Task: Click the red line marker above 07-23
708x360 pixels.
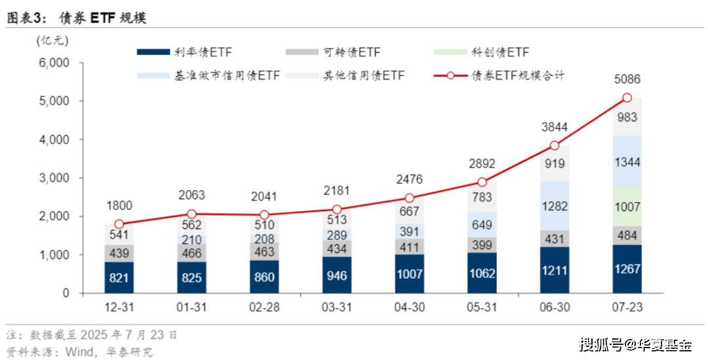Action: [x=627, y=98]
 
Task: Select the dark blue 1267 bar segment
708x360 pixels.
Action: [x=627, y=269]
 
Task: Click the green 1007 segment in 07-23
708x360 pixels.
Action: [x=627, y=207]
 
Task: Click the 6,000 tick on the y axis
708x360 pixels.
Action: [x=55, y=63]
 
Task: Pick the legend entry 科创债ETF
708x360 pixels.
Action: [x=482, y=52]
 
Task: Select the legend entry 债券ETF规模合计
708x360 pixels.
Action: [x=501, y=75]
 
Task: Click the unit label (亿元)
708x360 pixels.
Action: [x=53, y=40]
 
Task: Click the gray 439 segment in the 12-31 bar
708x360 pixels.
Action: [x=119, y=253]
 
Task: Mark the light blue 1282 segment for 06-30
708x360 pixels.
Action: [x=554, y=205]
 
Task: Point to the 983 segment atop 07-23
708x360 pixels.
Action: [x=627, y=117]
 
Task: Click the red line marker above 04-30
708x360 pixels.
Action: [x=409, y=198]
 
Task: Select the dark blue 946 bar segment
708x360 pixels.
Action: [x=336, y=275]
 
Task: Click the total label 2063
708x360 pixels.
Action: [x=191, y=195]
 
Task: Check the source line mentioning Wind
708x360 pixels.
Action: [x=79, y=351]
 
